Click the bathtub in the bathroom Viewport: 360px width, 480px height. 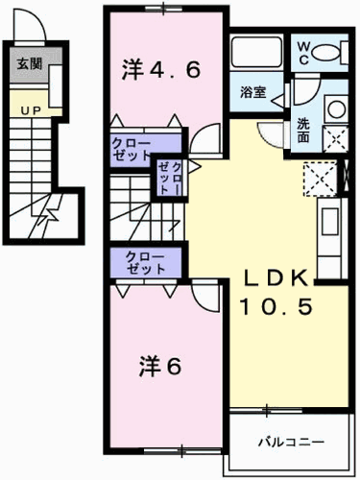[x=256, y=52]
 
